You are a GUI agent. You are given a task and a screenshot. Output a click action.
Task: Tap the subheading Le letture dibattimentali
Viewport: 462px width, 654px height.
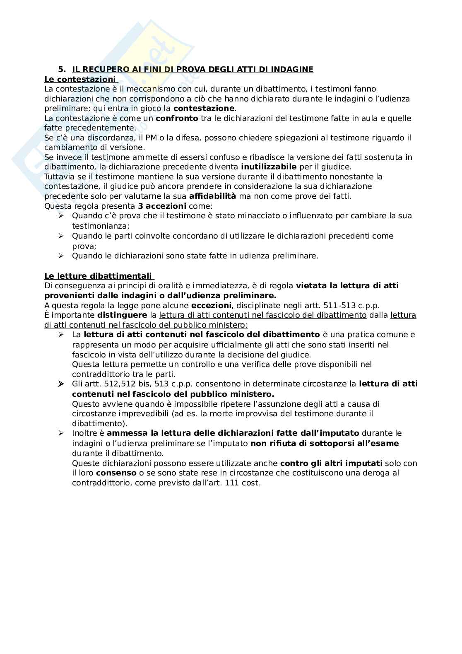(x=98, y=276)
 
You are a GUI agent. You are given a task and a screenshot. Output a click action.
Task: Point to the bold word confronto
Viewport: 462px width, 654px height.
(x=177, y=118)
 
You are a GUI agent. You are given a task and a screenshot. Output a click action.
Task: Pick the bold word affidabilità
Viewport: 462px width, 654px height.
(x=212, y=196)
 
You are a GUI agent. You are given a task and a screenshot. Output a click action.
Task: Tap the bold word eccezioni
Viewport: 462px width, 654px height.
(x=211, y=306)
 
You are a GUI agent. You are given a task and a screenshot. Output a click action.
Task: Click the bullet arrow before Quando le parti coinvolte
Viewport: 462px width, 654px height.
(x=61, y=236)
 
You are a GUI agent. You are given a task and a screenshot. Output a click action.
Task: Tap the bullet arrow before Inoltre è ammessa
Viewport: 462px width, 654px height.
(x=61, y=433)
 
